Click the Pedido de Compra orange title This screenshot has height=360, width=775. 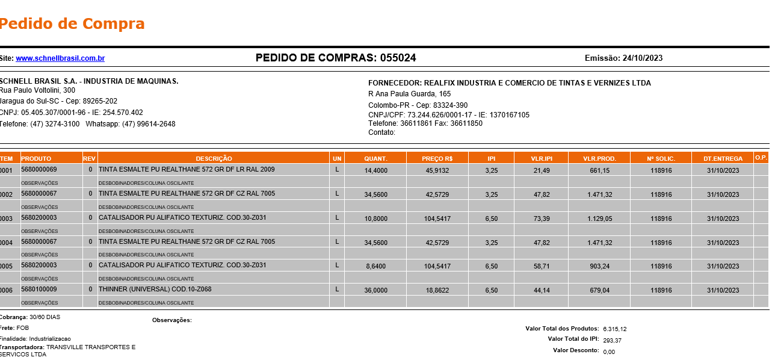coord(72,24)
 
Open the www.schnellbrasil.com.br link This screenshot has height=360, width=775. coord(60,58)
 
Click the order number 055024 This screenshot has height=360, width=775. coord(398,58)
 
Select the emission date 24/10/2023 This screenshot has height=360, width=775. coord(643,58)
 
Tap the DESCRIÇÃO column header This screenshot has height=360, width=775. coord(214,158)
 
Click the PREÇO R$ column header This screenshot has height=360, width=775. coord(437,158)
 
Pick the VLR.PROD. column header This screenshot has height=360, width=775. coord(599,158)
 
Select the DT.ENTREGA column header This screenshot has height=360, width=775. coord(723,158)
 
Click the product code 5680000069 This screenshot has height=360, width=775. coord(39,170)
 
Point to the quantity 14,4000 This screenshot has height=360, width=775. coord(376,171)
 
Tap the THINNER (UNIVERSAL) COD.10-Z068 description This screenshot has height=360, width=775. coord(155,290)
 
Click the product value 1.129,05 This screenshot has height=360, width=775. coord(600,219)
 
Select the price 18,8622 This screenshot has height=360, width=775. coord(437,290)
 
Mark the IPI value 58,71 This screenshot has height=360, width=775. coord(541,266)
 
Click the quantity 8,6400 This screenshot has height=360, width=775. coord(376,266)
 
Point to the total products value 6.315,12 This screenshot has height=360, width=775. coord(614,329)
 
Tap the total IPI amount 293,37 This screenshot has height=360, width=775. coord(612,341)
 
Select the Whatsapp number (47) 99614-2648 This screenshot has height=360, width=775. coord(149,124)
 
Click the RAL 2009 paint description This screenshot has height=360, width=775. coord(187,170)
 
